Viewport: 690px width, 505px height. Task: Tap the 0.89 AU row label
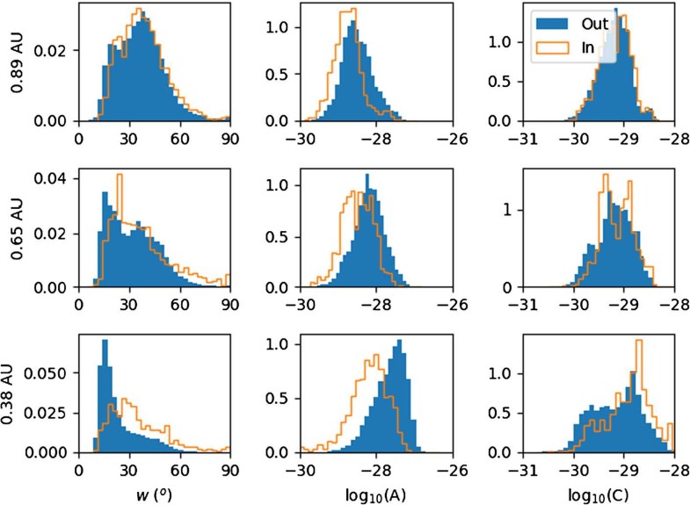[11, 62]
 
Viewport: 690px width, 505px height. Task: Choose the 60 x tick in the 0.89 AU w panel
[179, 138]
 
